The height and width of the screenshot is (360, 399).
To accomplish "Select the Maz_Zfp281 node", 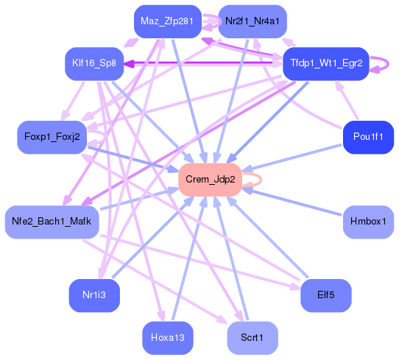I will [167, 22].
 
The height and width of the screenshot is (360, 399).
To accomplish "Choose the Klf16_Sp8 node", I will [91, 63].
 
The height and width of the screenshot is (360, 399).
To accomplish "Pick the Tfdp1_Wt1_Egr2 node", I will [325, 63].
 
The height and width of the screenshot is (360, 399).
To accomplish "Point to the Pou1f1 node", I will [368, 137].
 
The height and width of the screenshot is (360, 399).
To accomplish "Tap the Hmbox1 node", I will [368, 222].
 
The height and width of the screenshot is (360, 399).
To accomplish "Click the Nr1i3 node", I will [94, 295].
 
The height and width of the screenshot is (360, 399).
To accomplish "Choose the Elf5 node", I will [325, 295].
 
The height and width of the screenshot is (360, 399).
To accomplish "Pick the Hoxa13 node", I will [167, 337].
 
